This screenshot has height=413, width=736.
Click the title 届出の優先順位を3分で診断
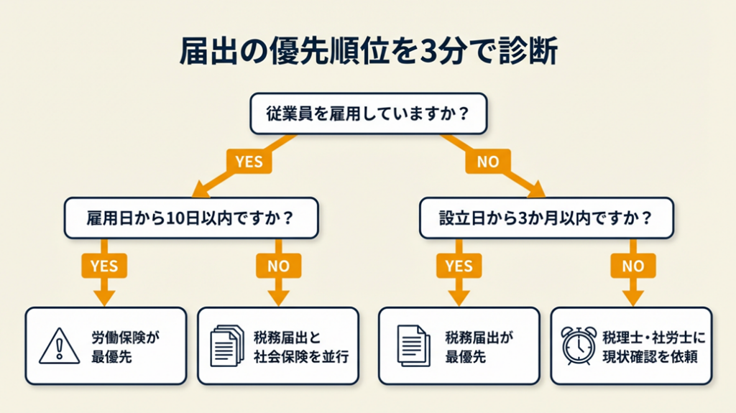point(367,54)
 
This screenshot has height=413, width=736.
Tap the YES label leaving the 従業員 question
point(249,162)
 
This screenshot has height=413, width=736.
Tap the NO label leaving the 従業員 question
point(487,162)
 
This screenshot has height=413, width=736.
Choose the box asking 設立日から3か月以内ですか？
point(546,218)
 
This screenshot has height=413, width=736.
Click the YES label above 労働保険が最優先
point(104,266)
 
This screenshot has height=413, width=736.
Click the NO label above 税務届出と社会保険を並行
point(278,266)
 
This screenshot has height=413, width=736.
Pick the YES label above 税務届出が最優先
point(459,266)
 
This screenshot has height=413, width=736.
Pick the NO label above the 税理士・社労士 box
point(632,266)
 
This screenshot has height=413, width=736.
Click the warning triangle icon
point(60,345)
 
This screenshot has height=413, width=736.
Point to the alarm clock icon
point(579,345)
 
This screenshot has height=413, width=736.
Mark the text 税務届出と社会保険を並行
point(301,345)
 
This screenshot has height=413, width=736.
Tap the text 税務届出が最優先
point(480,345)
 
